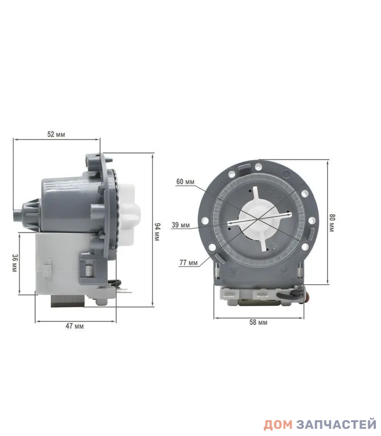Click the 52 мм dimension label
point(56,134)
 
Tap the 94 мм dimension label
point(157,232)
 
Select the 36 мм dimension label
point(15,263)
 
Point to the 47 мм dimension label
point(74,326)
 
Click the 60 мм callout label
point(185,182)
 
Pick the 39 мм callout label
point(181,225)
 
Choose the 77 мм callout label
point(188,263)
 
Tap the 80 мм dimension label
point(332,223)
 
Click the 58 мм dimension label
point(258,322)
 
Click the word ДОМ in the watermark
point(278,425)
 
